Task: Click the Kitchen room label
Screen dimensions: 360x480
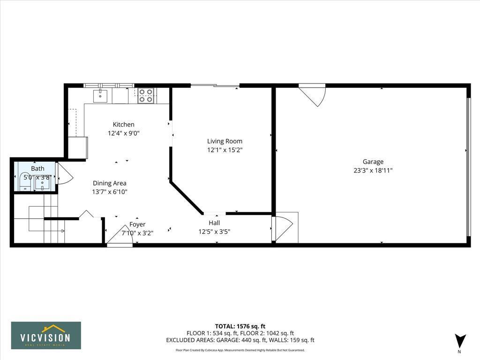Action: [x=123, y=124]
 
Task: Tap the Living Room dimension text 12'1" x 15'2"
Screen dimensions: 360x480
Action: [x=225, y=150]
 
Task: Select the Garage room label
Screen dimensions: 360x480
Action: [x=373, y=162]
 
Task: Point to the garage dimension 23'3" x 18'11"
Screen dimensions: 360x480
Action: [x=373, y=171]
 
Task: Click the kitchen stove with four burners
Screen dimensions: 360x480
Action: [x=146, y=96]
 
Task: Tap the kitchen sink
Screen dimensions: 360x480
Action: [x=100, y=96]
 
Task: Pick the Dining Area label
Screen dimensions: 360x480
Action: [x=109, y=183]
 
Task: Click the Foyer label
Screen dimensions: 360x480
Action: [x=137, y=225]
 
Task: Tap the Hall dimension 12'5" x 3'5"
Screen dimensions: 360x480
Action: [x=214, y=231]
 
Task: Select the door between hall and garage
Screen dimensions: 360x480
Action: [x=283, y=228]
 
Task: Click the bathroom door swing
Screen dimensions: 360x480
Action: [x=64, y=173]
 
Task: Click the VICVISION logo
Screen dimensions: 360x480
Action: [x=46, y=335]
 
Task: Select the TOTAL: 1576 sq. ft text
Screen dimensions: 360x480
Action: [x=240, y=326]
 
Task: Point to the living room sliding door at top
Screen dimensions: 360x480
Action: [x=215, y=85]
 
